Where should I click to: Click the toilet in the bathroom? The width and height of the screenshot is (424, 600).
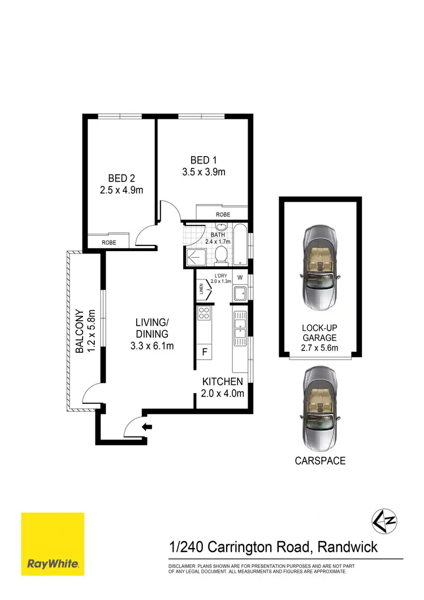coord(222,256)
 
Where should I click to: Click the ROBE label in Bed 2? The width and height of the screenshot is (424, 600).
coord(109,242)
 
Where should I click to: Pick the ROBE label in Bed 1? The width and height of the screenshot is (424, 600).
coord(222,215)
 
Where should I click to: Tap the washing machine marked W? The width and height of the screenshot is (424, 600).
coord(240,278)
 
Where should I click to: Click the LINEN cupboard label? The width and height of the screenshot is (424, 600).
coord(201,290)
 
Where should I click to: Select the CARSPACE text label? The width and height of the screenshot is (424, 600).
coord(320,461)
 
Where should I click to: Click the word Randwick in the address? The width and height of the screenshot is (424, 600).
coord(347,547)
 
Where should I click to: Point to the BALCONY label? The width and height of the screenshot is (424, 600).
coord(80,331)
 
